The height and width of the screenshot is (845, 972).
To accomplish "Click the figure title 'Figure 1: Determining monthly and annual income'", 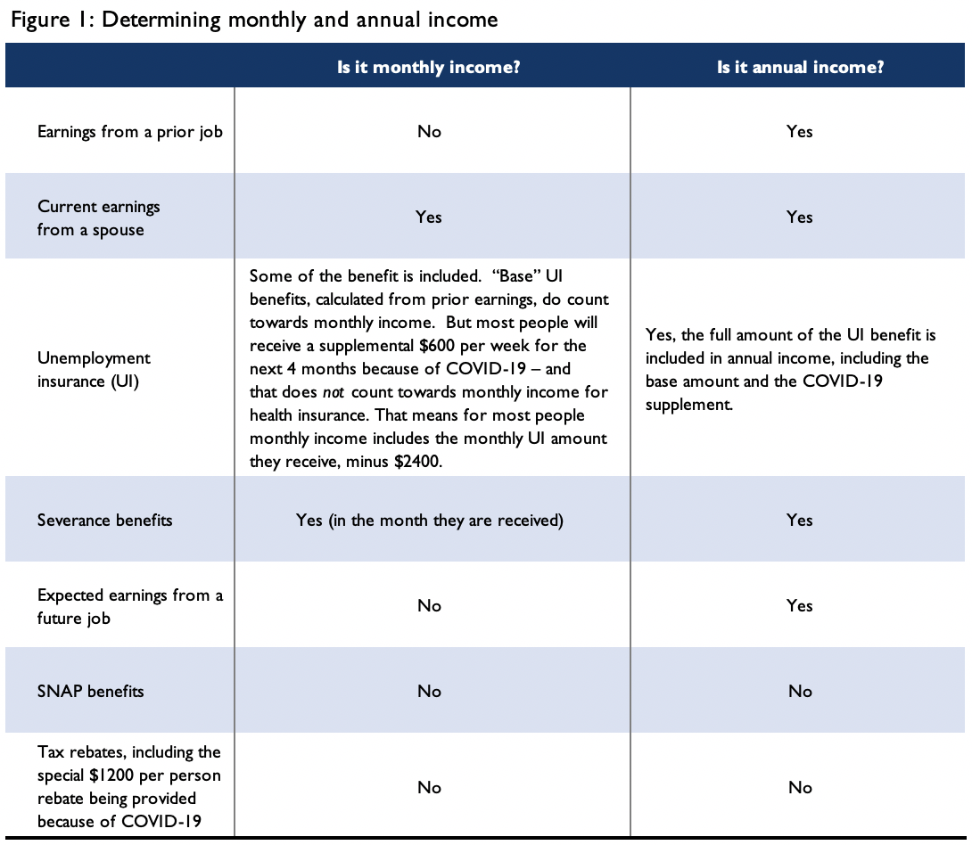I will tap(254, 20).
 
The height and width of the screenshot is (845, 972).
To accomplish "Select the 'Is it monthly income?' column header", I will tap(429, 68).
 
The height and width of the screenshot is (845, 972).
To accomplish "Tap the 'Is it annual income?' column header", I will tap(800, 68).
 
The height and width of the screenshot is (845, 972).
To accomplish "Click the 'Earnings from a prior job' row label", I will tap(130, 132).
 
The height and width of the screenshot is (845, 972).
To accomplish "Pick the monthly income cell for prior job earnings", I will tap(429, 132).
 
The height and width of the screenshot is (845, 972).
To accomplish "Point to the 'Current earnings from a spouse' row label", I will tap(99, 217).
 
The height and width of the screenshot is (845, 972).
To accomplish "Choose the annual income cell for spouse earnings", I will tap(800, 217).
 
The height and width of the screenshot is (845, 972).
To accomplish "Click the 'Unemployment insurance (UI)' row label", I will tap(94, 368).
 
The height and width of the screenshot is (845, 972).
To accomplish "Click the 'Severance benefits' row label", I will tap(105, 520).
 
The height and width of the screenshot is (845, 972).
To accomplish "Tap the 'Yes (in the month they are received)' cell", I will tap(429, 520).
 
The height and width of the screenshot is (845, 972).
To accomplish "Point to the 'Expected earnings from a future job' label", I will tap(130, 606).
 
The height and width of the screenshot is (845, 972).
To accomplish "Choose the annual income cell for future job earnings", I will tap(800, 606).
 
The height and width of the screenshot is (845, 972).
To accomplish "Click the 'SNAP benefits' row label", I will tap(90, 691).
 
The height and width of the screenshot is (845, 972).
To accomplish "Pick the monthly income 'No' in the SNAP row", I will tap(429, 691).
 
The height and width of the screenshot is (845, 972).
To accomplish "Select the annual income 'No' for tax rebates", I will tap(800, 787).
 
